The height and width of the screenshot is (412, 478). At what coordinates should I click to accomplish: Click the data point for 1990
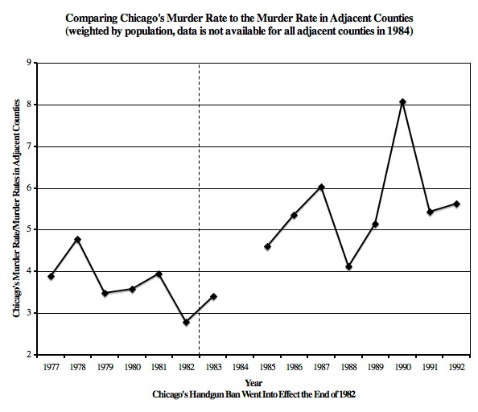(403, 102)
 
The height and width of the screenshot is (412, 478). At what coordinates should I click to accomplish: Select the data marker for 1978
(77, 239)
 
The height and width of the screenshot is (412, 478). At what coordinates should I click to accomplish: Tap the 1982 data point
(186, 322)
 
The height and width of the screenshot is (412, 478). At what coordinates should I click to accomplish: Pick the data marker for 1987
(322, 187)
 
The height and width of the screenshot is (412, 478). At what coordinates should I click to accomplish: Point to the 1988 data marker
(348, 266)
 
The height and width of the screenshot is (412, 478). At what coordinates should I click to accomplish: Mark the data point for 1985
(267, 246)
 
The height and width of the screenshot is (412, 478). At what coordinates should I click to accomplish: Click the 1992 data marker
(457, 204)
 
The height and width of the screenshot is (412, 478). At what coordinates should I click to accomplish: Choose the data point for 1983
(213, 296)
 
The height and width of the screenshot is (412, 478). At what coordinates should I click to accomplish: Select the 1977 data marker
(51, 276)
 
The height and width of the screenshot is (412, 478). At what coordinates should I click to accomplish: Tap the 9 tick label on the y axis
(29, 63)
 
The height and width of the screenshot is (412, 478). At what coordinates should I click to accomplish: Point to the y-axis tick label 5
(29, 229)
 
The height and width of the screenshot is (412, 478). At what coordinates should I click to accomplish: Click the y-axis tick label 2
(29, 355)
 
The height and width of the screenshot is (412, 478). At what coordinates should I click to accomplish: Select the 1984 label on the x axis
(240, 368)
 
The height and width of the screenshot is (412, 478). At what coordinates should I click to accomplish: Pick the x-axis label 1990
(403, 368)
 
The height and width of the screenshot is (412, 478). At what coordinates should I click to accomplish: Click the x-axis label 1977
(50, 368)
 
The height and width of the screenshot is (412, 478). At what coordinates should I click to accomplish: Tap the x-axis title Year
(253, 382)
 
